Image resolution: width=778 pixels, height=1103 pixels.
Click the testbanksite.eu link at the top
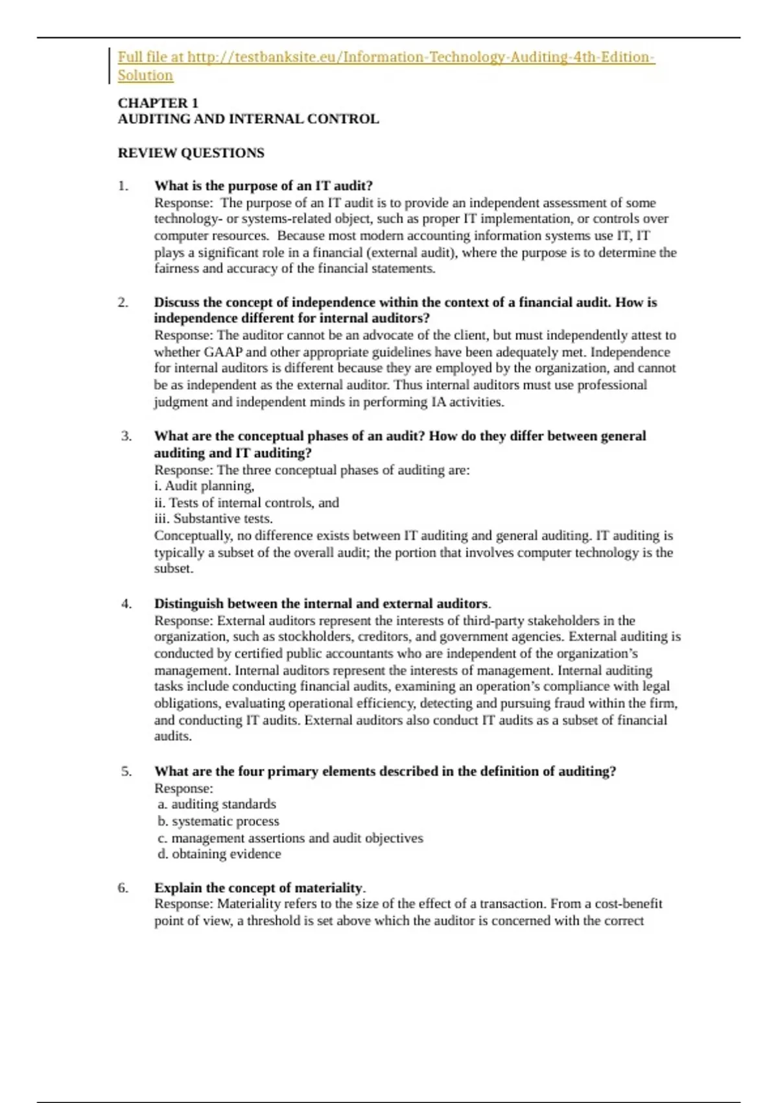tap(386, 57)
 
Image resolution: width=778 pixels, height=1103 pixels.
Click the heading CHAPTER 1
tap(158, 103)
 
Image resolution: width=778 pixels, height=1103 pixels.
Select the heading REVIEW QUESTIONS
tap(191, 153)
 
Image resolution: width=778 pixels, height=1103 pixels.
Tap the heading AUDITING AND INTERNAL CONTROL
tap(248, 119)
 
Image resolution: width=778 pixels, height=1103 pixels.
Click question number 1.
tap(123, 186)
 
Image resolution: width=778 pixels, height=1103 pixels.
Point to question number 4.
tap(126, 604)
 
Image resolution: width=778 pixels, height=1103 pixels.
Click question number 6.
tap(123, 888)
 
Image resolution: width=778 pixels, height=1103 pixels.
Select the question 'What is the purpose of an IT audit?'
tap(263, 186)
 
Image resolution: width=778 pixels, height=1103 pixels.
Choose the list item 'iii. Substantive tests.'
tap(213, 518)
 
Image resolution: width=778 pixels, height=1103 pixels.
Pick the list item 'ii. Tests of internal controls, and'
tap(246, 502)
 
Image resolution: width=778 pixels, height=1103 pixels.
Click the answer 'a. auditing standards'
tap(217, 805)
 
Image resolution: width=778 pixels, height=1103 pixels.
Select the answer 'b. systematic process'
tap(218, 821)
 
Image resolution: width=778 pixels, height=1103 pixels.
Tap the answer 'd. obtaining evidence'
tap(219, 854)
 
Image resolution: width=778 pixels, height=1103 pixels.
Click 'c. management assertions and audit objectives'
tap(290, 838)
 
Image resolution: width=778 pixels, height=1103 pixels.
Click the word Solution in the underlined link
tap(145, 75)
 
